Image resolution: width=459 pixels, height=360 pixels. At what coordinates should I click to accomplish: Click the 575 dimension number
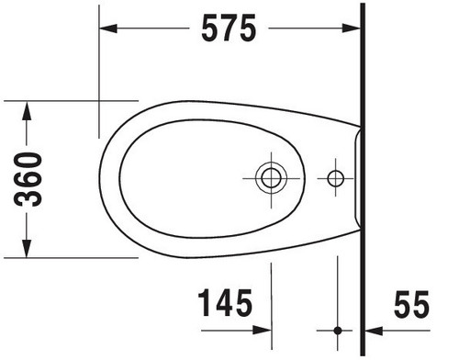(x=229, y=28)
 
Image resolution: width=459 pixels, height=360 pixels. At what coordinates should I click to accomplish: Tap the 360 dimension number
(x=28, y=179)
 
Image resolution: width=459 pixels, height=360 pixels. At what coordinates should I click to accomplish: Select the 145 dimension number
(x=225, y=303)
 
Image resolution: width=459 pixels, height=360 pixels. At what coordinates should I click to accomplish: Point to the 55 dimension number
(x=411, y=305)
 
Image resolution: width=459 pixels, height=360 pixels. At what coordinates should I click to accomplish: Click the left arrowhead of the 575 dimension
(x=108, y=28)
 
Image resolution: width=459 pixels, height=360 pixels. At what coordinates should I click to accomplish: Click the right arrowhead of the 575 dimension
(x=351, y=28)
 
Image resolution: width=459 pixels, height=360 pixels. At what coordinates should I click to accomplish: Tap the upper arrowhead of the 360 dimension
(x=27, y=110)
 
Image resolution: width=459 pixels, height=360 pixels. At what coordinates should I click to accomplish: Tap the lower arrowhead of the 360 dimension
(x=27, y=248)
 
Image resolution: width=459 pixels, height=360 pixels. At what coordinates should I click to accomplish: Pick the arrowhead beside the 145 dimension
(x=263, y=331)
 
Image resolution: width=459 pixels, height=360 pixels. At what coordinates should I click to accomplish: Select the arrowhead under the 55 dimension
(x=375, y=331)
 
